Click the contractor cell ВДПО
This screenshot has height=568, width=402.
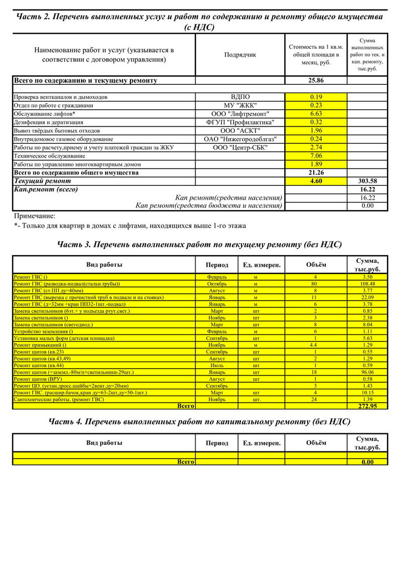(x=240, y=97)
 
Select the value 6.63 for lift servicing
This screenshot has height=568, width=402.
(x=316, y=114)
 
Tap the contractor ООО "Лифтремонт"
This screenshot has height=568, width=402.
(x=240, y=114)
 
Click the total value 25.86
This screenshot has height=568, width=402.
(x=316, y=80)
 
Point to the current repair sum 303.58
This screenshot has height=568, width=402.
(x=367, y=181)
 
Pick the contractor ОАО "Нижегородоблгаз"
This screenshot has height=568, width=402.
(x=240, y=139)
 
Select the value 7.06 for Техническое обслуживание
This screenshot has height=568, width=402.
(x=316, y=156)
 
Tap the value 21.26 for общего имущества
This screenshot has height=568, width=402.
(x=316, y=173)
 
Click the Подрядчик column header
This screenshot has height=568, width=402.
(x=240, y=55)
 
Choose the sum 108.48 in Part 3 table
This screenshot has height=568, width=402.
(x=367, y=283)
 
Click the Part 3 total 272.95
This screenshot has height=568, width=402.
(x=367, y=406)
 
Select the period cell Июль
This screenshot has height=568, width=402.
(x=217, y=366)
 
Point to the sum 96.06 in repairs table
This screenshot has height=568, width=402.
(x=367, y=372)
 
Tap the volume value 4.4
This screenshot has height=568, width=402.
(x=315, y=345)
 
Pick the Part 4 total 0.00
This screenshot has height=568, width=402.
(x=367, y=461)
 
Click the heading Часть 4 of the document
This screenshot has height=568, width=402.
(x=199, y=422)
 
